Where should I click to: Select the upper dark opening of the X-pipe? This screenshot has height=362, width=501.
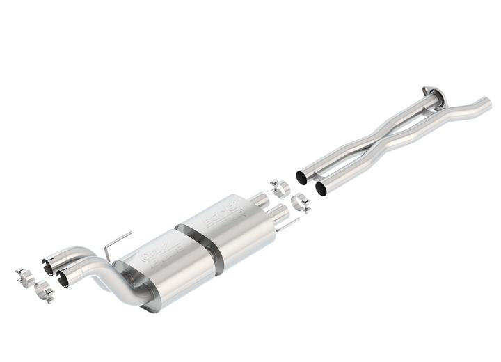click(x=302, y=177)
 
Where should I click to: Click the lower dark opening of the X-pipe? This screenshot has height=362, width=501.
click(x=321, y=188)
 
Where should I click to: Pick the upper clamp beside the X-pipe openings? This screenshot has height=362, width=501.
click(x=280, y=187)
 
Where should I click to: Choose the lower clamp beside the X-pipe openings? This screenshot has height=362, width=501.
click(x=300, y=201)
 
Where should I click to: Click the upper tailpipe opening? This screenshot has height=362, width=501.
click(x=48, y=266)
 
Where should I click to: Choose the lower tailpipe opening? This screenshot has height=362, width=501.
click(x=63, y=279)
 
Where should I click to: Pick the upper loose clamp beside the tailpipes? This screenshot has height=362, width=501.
click(x=25, y=275)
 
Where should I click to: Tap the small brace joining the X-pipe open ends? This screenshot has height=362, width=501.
click(x=312, y=180)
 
